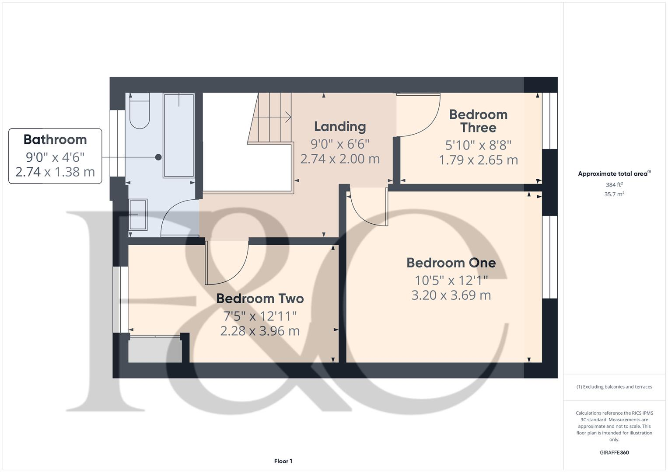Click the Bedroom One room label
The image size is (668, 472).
pyautogui.click(x=451, y=263)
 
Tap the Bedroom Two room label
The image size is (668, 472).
pyautogui.click(x=260, y=298)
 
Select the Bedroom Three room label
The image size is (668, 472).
pyautogui.click(x=478, y=121)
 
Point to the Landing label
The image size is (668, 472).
pyautogui.click(x=340, y=127)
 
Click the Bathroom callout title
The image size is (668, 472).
pyautogui.click(x=55, y=139)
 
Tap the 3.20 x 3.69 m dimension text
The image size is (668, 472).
pyautogui.click(x=451, y=295)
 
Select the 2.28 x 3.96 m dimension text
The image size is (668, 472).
pyautogui.click(x=260, y=331)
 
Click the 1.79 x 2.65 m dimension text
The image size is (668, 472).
pyautogui.click(x=478, y=160)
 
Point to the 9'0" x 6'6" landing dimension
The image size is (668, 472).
pyautogui.click(x=340, y=143)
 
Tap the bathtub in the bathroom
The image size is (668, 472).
pyautogui.click(x=178, y=135)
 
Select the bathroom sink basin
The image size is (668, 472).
pyautogui.click(x=138, y=214)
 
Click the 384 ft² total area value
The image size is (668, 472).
pyautogui.click(x=614, y=185)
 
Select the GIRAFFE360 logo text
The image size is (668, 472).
pyautogui.click(x=614, y=453)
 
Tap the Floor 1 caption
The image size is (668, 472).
pyautogui.click(x=283, y=461)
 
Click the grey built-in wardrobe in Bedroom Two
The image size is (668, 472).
pyautogui.click(x=155, y=350)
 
